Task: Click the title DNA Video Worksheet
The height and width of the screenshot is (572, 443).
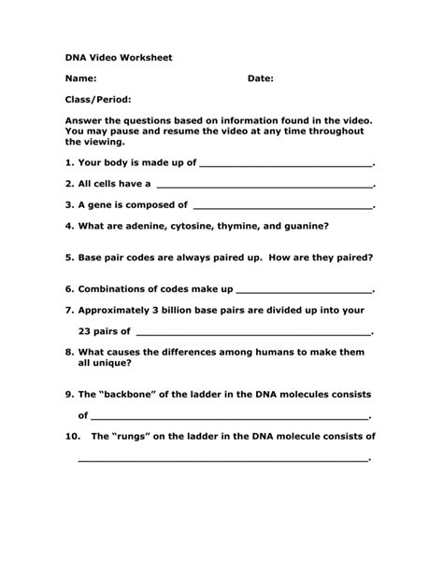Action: tap(119, 58)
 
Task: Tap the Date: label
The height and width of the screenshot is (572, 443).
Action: tap(260, 79)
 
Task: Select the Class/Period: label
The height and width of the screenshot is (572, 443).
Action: tap(97, 100)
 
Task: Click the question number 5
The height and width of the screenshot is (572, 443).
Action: tap(69, 258)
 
